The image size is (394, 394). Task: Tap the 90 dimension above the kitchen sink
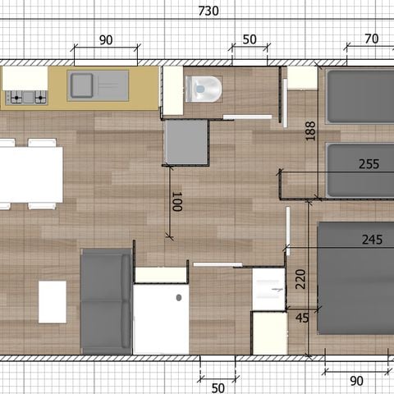(105, 40)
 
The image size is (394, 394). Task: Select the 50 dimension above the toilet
(250, 40)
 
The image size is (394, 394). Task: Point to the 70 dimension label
(371, 39)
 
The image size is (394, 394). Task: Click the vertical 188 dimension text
(310, 131)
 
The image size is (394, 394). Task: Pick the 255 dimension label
(369, 164)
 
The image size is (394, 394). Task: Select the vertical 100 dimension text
(176, 202)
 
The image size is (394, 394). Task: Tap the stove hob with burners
(26, 97)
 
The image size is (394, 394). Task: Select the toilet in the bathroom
(204, 87)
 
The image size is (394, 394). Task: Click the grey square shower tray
(187, 140)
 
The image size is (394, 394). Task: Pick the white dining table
(31, 173)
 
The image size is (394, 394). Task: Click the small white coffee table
(53, 301)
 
